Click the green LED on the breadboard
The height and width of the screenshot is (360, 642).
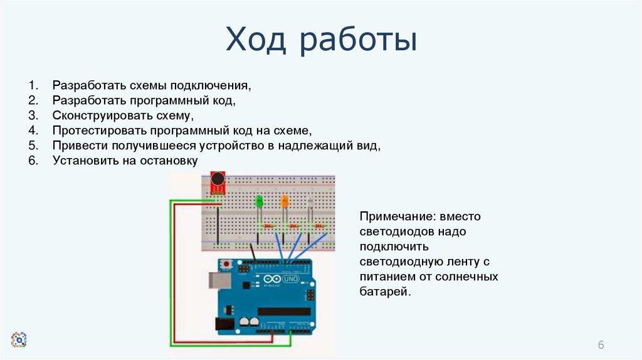click(259, 202)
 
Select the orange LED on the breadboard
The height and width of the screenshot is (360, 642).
click(284, 201)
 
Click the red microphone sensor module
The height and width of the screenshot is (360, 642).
click(218, 183)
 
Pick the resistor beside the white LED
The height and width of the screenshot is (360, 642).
click(320, 225)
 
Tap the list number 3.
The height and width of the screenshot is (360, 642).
click(33, 115)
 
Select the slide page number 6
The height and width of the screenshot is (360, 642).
click(601, 346)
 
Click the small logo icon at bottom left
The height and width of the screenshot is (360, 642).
click(19, 340)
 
